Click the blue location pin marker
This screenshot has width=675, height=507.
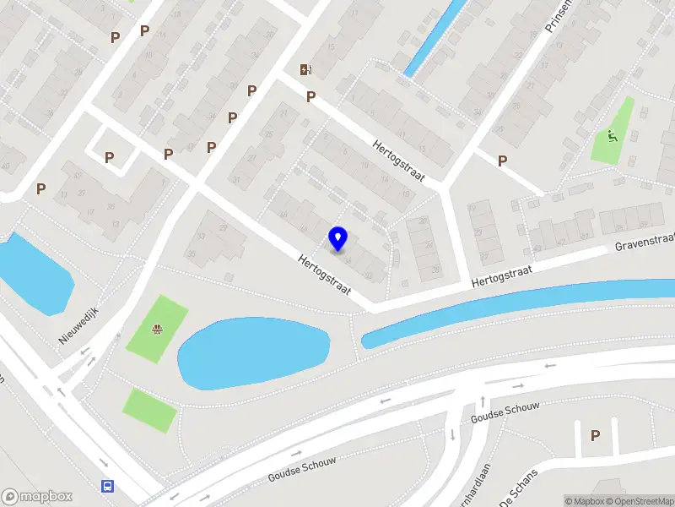coord(338,238)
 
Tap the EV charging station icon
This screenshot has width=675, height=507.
coord(305,70)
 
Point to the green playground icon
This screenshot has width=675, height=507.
coord(612,136)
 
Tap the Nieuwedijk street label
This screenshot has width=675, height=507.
coord(78,324)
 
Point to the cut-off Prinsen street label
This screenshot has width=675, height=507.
coord(559,15)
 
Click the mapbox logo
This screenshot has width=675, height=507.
coord(37,497)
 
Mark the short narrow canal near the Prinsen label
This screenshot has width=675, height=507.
coord(435,39)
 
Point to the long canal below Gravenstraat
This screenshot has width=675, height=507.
coord(523,309)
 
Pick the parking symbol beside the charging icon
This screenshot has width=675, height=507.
coord(310,96)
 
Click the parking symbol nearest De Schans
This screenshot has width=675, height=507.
coord(595,435)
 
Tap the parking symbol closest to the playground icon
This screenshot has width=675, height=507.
coord(502,161)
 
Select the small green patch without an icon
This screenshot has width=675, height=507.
coord(150,410)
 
